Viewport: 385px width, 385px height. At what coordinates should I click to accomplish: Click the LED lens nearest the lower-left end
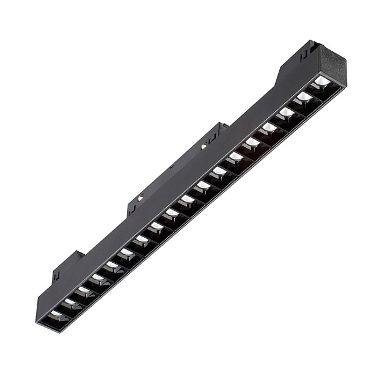pyautogui.click(x=56, y=313)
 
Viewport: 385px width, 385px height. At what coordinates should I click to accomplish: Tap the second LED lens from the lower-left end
pyautogui.click(x=70, y=301)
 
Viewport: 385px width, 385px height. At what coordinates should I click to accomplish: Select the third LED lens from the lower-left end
pyautogui.click(x=83, y=289)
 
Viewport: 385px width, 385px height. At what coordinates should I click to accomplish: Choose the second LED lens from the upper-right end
pyautogui.click(x=304, y=96)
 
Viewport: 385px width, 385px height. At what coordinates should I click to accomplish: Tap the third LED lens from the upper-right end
pyautogui.click(x=287, y=111)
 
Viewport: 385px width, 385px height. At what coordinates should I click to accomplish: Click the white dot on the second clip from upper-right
pyautogui.click(x=204, y=146)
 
